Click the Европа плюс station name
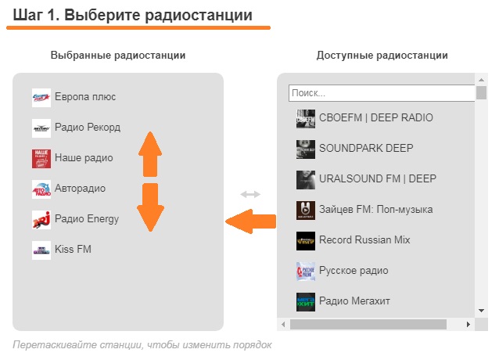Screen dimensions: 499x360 pyautogui.click(x=85, y=97)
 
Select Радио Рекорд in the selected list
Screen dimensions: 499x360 pyautogui.click(x=88, y=127)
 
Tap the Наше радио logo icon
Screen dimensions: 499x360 pyautogui.click(x=41, y=158)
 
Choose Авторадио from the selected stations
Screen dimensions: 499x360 pyautogui.click(x=80, y=188)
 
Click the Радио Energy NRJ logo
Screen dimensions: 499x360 pyautogui.click(x=41, y=219)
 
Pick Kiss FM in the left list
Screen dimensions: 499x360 pyautogui.click(x=73, y=249)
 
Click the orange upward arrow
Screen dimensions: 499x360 pyautogui.click(x=150, y=153)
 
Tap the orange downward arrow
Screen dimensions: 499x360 pyautogui.click(x=150, y=207)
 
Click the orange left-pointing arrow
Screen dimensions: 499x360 pyautogui.click(x=250, y=224)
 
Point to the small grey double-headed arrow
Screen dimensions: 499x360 pyautogui.click(x=250, y=194)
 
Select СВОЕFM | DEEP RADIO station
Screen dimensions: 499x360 pyautogui.click(x=375, y=118)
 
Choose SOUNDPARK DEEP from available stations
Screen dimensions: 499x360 pyautogui.click(x=366, y=148)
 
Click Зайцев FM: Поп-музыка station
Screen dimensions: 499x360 pyautogui.click(x=375, y=209)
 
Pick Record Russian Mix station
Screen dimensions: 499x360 pyautogui.click(x=364, y=239)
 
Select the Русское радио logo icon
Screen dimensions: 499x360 pyautogui.click(x=306, y=271)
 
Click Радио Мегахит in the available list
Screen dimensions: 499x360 pyautogui.click(x=354, y=301)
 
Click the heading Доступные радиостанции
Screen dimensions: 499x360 pyautogui.click(x=382, y=56)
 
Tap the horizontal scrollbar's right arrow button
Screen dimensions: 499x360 pyautogui.click(x=468, y=323)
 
